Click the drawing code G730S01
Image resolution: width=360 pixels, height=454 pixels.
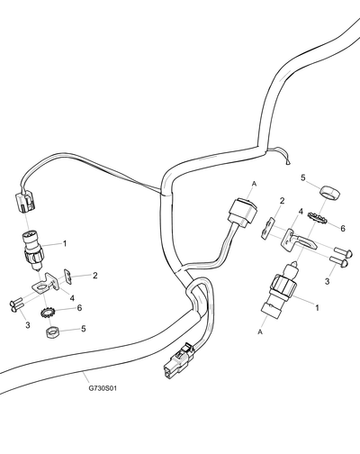click(x=103, y=388)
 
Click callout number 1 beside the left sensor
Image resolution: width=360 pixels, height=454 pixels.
click(x=65, y=243)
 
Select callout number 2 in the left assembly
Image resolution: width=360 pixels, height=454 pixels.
click(x=94, y=276)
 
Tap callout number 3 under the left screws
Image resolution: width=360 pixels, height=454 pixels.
click(x=28, y=325)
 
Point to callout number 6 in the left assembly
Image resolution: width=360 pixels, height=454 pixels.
click(x=79, y=308)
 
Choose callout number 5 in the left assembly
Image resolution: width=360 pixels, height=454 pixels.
click(x=83, y=329)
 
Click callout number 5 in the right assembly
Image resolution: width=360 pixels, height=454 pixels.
click(x=303, y=178)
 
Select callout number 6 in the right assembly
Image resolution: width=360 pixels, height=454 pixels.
click(x=343, y=228)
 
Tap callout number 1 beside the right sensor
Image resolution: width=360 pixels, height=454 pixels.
click(x=317, y=307)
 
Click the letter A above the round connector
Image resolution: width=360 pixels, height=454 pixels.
click(x=255, y=184)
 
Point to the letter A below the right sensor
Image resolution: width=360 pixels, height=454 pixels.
click(x=260, y=331)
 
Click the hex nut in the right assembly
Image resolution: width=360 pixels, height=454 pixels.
click(x=328, y=193)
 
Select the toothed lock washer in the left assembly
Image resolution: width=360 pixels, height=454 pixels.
click(x=47, y=313)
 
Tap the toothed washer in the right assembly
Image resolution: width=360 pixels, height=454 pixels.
click(x=317, y=218)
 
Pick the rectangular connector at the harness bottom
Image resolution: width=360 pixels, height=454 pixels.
click(x=179, y=362)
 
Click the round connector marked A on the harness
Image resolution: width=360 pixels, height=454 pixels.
click(x=243, y=213)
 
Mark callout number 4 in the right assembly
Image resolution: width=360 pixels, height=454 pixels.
click(x=301, y=212)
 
